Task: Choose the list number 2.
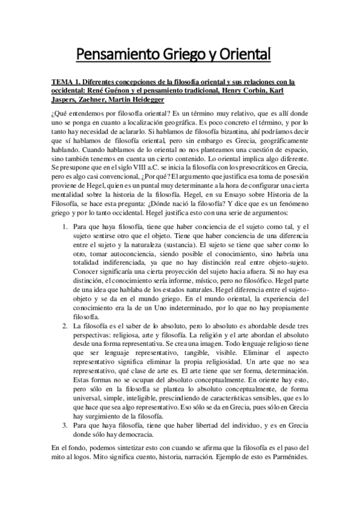point(66,325)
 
